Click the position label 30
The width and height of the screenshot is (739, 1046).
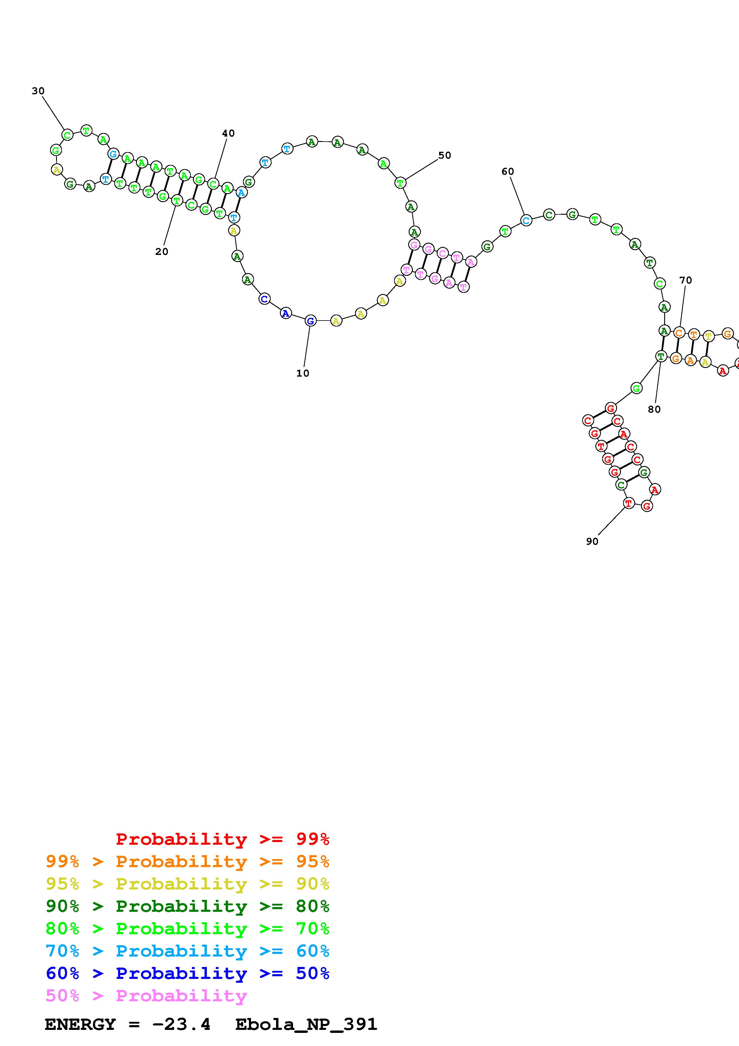click(38, 91)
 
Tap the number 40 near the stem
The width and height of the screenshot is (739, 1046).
click(228, 133)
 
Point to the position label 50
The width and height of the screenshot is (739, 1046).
click(444, 155)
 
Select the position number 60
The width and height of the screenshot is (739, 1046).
click(508, 171)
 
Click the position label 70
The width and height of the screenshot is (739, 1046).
click(685, 280)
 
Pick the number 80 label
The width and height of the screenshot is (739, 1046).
click(654, 409)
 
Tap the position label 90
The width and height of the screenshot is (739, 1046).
click(592, 541)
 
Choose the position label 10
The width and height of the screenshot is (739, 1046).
click(302, 373)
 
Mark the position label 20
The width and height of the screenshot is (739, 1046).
click(162, 251)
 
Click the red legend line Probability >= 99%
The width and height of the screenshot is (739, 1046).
click(223, 839)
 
